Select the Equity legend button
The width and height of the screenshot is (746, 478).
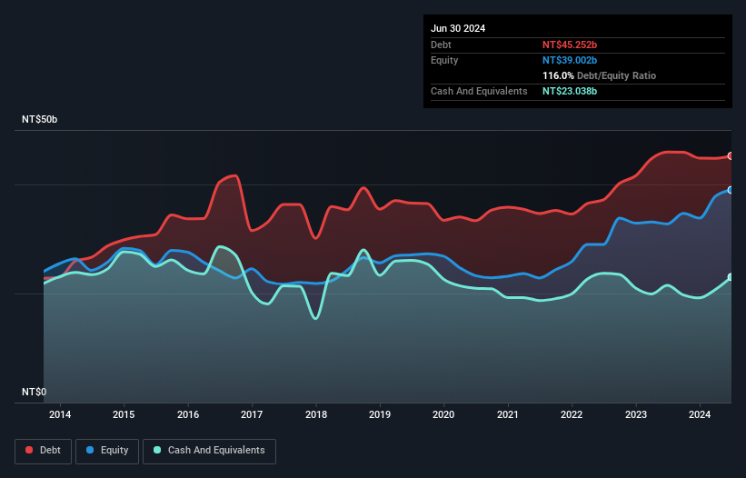pyautogui.click(x=107, y=451)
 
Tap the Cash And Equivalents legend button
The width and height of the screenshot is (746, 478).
pyautogui.click(x=208, y=451)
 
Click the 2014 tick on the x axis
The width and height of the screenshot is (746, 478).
pyautogui.click(x=60, y=415)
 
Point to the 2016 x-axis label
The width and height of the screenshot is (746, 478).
pyautogui.click(x=188, y=415)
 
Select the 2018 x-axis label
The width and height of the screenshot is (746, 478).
pyautogui.click(x=316, y=415)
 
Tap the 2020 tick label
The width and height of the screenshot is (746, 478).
pyautogui.click(x=444, y=415)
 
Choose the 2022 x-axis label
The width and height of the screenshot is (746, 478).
pyautogui.click(x=572, y=415)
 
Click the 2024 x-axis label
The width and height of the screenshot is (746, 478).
pyautogui.click(x=701, y=415)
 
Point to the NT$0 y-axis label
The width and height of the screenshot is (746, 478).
pyautogui.click(x=35, y=392)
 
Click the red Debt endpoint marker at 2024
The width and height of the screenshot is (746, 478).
pyautogui.click(x=731, y=156)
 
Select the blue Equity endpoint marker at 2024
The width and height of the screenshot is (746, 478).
pyautogui.click(x=731, y=190)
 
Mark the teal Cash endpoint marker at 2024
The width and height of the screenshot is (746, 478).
pyautogui.click(x=731, y=277)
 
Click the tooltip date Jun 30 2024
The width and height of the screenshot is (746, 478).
pyautogui.click(x=458, y=28)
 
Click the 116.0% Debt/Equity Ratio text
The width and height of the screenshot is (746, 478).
pyautogui.click(x=599, y=75)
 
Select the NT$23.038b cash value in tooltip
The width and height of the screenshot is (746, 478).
pyautogui.click(x=570, y=91)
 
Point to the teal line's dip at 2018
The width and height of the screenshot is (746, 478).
pyautogui.click(x=316, y=318)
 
